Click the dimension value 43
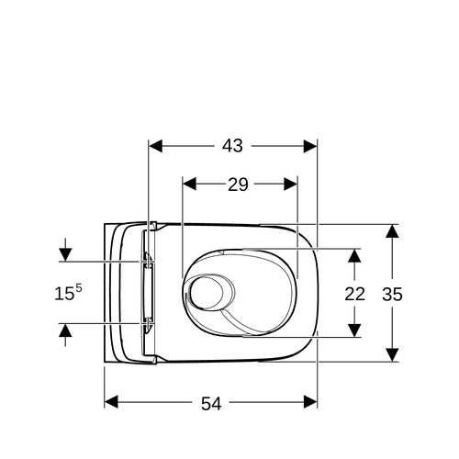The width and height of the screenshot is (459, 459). (x=232, y=146)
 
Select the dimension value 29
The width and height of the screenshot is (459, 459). (x=238, y=185)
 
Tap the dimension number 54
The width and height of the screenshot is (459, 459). (x=211, y=403)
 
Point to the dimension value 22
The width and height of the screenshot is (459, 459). (x=355, y=294)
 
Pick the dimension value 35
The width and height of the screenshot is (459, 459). (x=392, y=295)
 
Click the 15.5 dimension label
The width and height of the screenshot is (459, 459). (x=68, y=292)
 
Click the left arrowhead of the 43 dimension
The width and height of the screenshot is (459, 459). (x=155, y=146)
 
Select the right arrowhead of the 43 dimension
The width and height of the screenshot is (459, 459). (x=310, y=146)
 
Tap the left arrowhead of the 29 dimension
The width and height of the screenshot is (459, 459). (x=189, y=184)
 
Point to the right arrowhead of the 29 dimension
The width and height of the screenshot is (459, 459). (x=291, y=184)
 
